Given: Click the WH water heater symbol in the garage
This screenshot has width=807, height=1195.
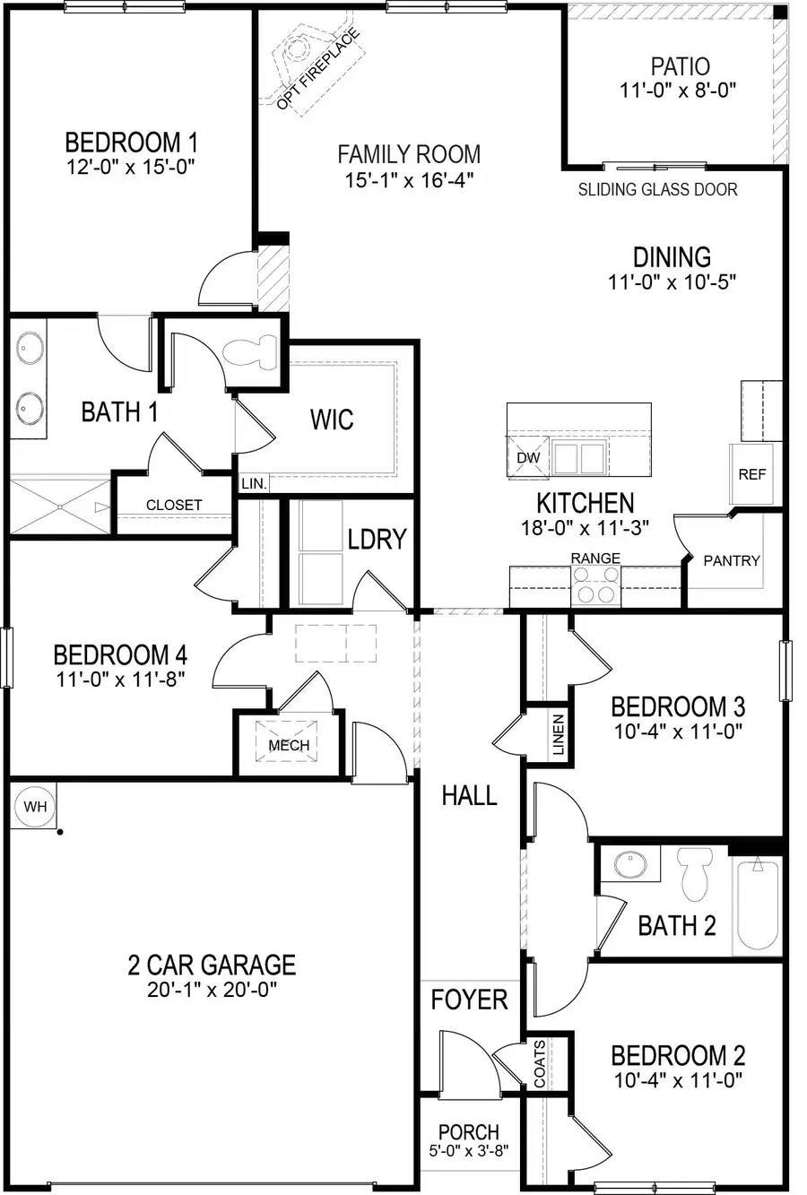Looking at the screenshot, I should click(35, 806).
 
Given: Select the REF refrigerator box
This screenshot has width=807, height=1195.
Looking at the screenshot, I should click(751, 474).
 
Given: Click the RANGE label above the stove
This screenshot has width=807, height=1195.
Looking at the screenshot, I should click(595, 558).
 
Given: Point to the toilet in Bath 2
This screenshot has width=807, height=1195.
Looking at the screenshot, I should click(694, 874).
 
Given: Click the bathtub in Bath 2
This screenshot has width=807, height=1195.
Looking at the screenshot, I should click(758, 905).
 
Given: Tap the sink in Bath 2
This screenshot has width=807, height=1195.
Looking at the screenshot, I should click(630, 865).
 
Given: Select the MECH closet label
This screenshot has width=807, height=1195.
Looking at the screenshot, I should click(289, 745).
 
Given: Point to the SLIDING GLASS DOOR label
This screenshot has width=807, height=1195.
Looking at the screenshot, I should click(657, 189).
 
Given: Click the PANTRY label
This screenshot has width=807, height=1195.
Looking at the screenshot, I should click(732, 560).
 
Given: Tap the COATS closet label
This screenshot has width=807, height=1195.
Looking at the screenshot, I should click(540, 1064).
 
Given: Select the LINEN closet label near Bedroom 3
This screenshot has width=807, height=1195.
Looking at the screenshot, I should click(558, 734).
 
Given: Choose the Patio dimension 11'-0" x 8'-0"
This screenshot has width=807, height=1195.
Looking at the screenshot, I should click(679, 91).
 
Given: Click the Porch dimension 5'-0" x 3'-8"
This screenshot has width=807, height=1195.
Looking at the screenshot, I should click(468, 1151).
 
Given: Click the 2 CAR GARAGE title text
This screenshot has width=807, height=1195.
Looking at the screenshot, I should click(211, 965).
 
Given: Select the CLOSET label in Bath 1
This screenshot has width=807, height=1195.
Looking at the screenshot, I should click(174, 505).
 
